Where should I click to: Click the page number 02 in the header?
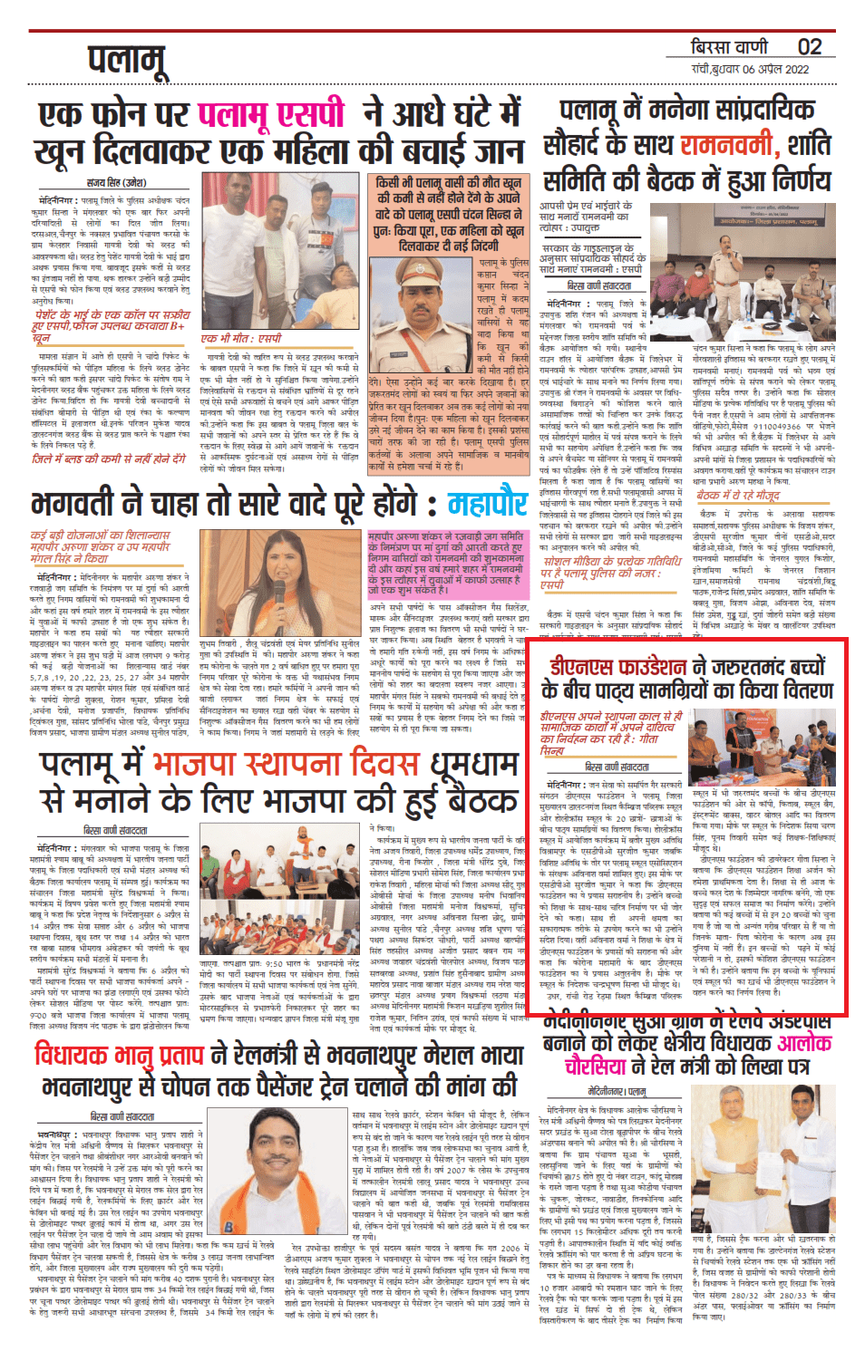pos(809,47)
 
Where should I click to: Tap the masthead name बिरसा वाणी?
pos(729,47)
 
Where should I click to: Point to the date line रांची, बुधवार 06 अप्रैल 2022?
pos(750,69)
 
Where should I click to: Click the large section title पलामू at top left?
pos(127,62)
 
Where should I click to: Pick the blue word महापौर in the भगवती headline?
pos(488,505)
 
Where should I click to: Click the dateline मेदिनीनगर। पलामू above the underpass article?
pos(617,1092)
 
